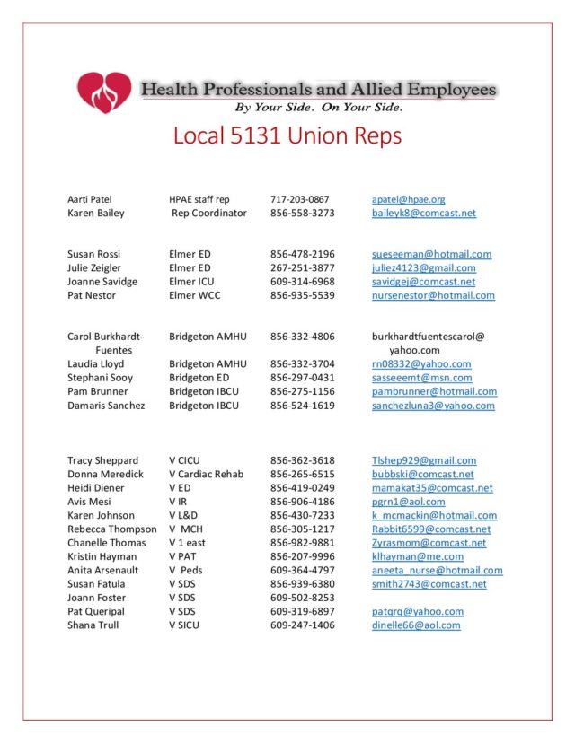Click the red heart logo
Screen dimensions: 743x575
pyautogui.click(x=104, y=92)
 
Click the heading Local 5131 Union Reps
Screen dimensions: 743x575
pyautogui.click(x=287, y=136)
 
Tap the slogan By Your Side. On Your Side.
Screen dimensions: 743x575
pyautogui.click(x=319, y=108)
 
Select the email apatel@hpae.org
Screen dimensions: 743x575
pyautogui.click(x=408, y=199)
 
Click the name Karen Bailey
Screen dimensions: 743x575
pyautogui.click(x=96, y=214)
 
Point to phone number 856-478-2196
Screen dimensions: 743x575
pyautogui.click(x=302, y=255)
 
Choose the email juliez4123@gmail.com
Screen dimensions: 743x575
pyautogui.click(x=424, y=268)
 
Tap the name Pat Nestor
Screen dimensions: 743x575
pyautogui.click(x=92, y=295)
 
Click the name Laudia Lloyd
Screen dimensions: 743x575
pyautogui.click(x=96, y=364)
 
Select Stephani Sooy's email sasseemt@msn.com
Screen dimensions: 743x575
pyautogui.click(x=421, y=378)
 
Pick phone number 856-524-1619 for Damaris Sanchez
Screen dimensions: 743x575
pyautogui.click(x=302, y=406)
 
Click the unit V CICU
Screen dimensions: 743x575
pyautogui.click(x=184, y=460)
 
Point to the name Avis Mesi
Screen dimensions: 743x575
pyautogui.click(x=90, y=502)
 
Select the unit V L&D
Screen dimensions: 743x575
pyautogui.click(x=183, y=515)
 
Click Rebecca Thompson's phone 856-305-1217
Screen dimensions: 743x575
pyautogui.click(x=302, y=529)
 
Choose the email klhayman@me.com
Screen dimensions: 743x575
pyautogui.click(x=418, y=556)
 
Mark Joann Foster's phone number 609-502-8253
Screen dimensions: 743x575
pyautogui.click(x=302, y=598)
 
